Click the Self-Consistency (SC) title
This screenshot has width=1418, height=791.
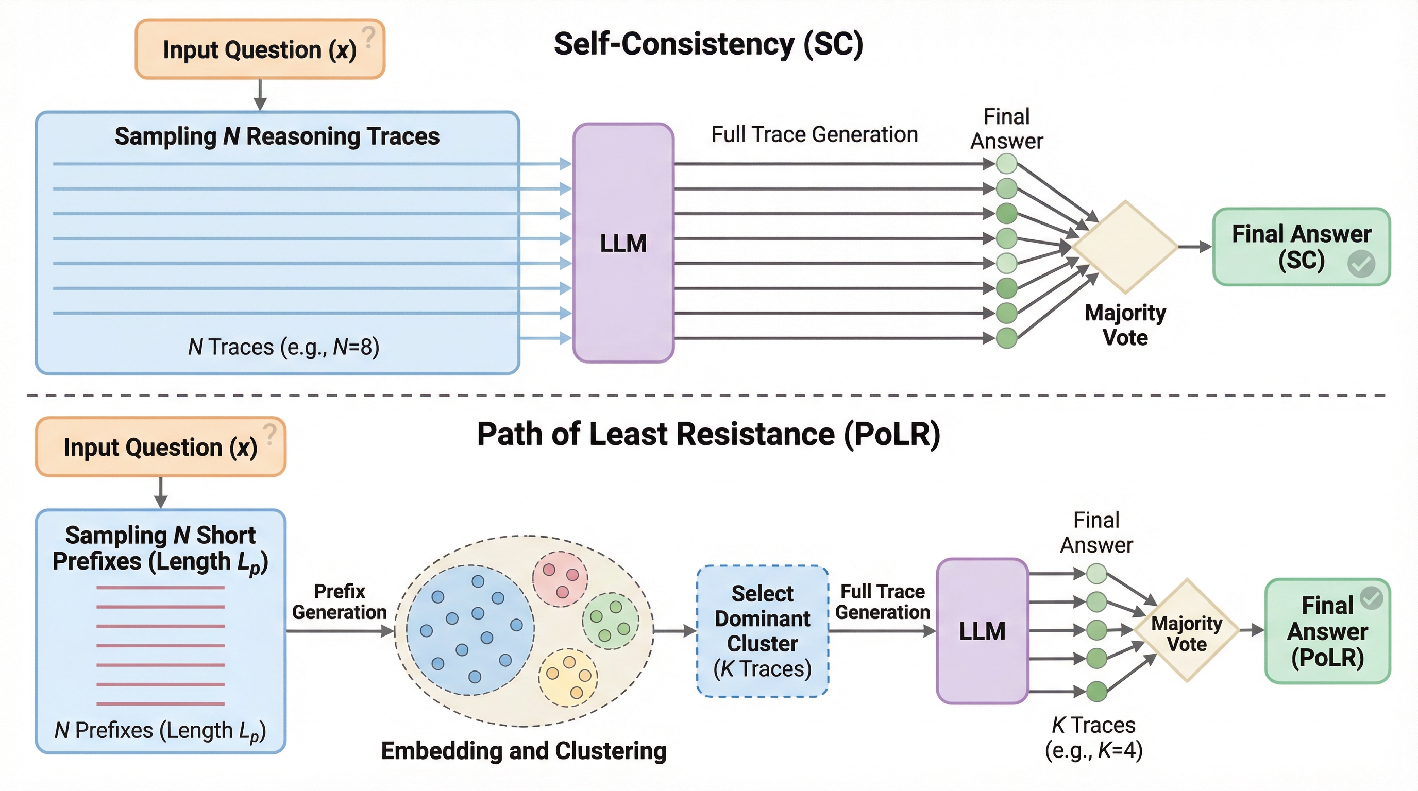click(708, 44)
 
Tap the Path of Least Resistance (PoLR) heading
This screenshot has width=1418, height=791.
click(708, 434)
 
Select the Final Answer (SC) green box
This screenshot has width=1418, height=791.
click(1302, 247)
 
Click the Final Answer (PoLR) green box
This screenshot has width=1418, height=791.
click(1327, 631)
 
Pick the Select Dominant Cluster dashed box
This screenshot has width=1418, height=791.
click(763, 631)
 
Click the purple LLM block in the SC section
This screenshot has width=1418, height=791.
click(623, 243)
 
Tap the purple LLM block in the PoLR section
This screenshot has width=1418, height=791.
click(982, 631)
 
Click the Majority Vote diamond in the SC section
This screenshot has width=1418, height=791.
click(1125, 247)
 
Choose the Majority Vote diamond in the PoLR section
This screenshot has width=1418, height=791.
click(1187, 631)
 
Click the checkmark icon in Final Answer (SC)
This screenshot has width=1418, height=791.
click(1361, 264)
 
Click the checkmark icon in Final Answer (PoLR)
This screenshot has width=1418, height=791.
click(1371, 598)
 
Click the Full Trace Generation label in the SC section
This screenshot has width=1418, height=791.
click(814, 135)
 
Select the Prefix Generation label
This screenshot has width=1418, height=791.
click(339, 602)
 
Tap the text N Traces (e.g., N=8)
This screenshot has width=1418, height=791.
click(283, 347)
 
